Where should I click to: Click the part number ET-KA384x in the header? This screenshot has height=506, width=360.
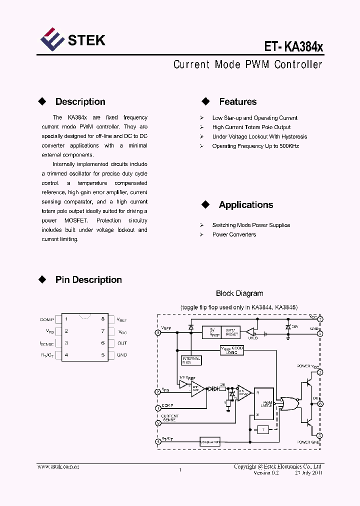point(294,47)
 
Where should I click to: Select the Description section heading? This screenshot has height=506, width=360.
point(80,102)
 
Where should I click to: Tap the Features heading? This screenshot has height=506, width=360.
point(237,102)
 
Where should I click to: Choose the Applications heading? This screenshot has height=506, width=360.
point(245,205)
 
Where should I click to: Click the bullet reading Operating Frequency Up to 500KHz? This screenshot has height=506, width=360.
point(255,146)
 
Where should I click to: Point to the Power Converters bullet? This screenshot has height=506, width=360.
point(233,234)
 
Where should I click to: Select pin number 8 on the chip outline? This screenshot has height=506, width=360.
point(102,319)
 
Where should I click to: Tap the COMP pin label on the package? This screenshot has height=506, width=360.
point(46,319)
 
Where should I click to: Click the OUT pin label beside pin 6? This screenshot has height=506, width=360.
point(122,343)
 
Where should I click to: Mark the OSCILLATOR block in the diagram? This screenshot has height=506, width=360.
point(209,442)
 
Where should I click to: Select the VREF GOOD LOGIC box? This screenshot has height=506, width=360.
point(232,350)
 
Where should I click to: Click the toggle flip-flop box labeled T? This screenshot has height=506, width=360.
point(262,429)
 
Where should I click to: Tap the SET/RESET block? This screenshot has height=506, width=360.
point(232,332)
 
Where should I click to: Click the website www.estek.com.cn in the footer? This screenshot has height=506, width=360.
point(58,466)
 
